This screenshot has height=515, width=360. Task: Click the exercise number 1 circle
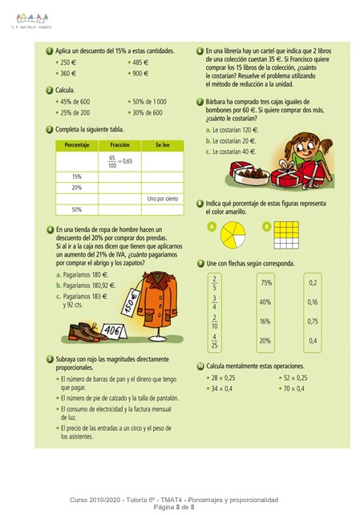(50, 51)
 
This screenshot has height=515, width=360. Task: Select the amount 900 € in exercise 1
(140, 73)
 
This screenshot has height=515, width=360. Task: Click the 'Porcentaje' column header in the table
(76, 145)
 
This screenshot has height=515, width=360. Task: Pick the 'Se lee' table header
(161, 145)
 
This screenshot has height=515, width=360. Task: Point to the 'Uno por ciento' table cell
(161, 197)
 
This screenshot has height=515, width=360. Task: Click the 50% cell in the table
(76, 209)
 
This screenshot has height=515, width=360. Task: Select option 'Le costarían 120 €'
(236, 129)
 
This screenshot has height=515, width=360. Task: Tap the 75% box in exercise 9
(266, 282)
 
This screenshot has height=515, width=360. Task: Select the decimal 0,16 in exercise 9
(313, 302)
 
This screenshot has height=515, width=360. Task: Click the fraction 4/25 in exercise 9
(214, 341)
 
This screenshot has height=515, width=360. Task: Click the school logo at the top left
(31, 11)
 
